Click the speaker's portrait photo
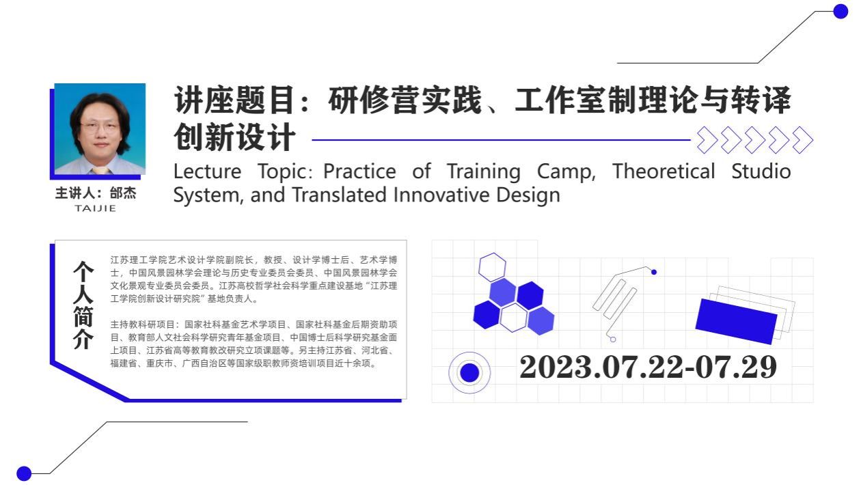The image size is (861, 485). (x=100, y=128)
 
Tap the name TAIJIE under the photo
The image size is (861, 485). (x=96, y=208)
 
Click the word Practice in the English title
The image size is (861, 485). (x=359, y=171)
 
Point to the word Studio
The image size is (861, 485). (x=761, y=171)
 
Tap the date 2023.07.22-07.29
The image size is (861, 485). (x=648, y=367)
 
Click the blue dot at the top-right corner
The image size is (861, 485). (x=840, y=11)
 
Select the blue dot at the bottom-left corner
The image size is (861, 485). (x=24, y=473)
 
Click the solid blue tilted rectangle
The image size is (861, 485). (x=736, y=321)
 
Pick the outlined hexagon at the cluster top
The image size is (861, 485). (x=492, y=266)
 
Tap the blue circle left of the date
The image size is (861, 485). (x=469, y=372)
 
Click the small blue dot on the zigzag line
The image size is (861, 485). (x=654, y=272)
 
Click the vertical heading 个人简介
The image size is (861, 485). (x=83, y=305)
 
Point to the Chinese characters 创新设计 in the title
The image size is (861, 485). (x=234, y=137)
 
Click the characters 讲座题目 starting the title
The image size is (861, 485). (x=234, y=100)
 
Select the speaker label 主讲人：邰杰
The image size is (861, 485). (x=96, y=193)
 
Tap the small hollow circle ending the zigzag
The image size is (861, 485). (x=613, y=339)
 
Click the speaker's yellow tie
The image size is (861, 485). (x=100, y=170)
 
